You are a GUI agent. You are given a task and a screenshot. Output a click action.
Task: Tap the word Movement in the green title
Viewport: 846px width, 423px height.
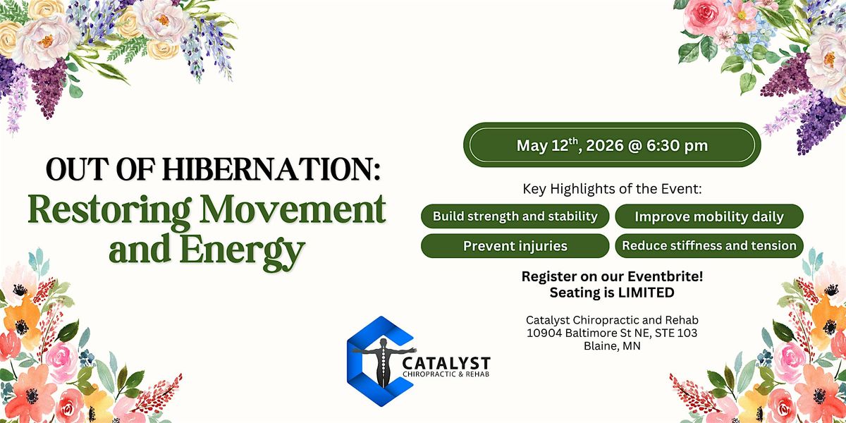[293, 209]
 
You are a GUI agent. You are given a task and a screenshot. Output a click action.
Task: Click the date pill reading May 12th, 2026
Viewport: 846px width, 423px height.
[612, 145]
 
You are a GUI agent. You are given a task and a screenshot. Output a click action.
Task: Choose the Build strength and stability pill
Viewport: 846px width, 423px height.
[515, 216]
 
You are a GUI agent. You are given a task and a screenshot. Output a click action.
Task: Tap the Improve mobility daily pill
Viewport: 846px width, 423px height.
[709, 216]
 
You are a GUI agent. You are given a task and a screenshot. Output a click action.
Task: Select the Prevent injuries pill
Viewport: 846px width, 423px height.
[515, 246]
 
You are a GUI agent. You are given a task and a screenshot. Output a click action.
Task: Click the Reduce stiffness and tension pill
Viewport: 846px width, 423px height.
[709, 246]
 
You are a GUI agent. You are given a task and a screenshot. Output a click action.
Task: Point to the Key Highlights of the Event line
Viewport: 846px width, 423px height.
[612, 189]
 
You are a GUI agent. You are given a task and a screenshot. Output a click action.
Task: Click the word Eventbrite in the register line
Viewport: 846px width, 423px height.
[665, 276]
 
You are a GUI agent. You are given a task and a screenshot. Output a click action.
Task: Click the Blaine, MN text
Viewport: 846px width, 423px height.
[612, 346]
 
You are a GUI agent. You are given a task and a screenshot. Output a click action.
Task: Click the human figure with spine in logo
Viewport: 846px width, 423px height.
[384, 362]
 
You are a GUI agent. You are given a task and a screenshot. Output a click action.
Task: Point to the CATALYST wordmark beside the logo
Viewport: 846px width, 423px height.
[446, 363]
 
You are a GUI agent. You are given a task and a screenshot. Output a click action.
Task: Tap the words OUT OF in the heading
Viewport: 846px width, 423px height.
[100, 169]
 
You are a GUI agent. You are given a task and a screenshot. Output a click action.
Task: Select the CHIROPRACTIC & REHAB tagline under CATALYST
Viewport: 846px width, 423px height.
[446, 374]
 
